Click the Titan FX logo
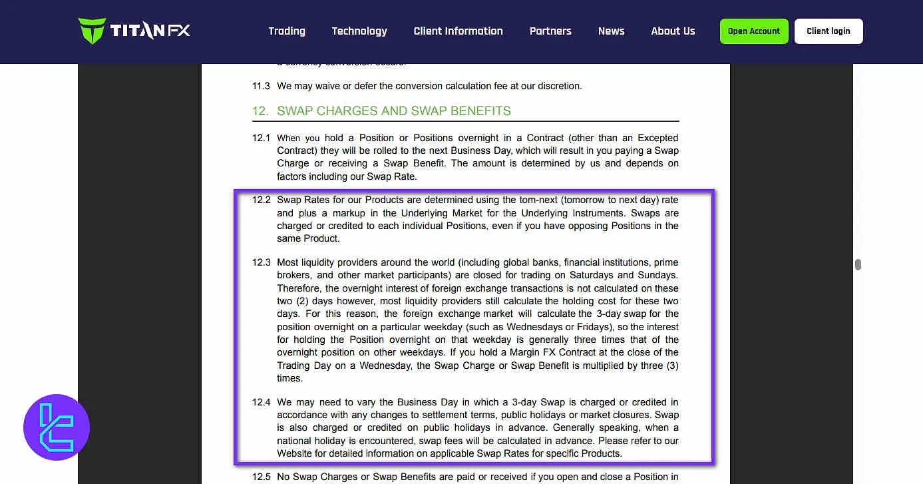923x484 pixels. click(134, 31)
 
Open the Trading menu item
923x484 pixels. click(287, 31)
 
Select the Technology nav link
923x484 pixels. click(359, 31)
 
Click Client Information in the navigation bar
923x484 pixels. click(458, 31)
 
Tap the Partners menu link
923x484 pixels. click(550, 31)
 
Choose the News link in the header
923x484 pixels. click(611, 31)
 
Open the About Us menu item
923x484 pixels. click(673, 31)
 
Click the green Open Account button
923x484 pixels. click(754, 31)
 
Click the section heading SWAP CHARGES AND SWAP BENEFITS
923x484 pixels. click(393, 111)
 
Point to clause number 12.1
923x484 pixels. click(261, 138)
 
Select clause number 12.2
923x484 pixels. click(261, 200)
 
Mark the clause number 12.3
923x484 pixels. click(261, 262)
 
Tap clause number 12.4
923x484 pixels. click(261, 402)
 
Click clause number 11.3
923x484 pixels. click(261, 86)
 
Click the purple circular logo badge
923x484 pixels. click(57, 427)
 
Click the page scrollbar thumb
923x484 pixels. click(858, 264)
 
